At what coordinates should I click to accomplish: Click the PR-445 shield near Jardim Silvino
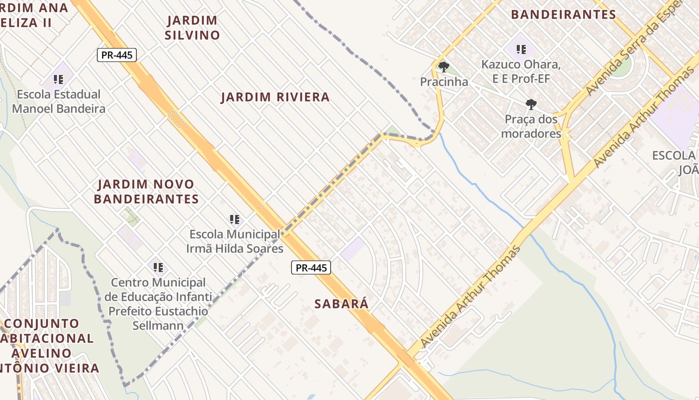(x=116, y=55)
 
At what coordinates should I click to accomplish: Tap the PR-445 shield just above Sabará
(x=311, y=267)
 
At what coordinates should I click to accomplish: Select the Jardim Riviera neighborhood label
(x=275, y=97)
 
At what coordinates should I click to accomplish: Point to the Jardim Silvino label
(x=192, y=27)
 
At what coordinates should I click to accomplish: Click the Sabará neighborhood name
(x=342, y=303)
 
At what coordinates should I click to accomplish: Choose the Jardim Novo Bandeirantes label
(x=146, y=191)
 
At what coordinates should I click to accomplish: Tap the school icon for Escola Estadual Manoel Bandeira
(x=58, y=79)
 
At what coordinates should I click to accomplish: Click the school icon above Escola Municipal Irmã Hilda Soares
(x=235, y=219)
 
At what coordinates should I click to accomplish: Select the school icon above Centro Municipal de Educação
(x=158, y=267)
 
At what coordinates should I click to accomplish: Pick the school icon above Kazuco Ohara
(x=521, y=49)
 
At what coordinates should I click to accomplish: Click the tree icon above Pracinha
(x=443, y=66)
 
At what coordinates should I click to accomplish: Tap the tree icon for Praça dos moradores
(x=531, y=104)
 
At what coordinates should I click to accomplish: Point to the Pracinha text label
(x=444, y=82)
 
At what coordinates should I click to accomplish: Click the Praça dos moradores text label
(x=531, y=126)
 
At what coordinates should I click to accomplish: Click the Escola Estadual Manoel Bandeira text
(x=58, y=101)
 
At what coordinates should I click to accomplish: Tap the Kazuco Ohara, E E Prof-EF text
(x=521, y=71)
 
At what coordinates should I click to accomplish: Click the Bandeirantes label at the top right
(x=563, y=14)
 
